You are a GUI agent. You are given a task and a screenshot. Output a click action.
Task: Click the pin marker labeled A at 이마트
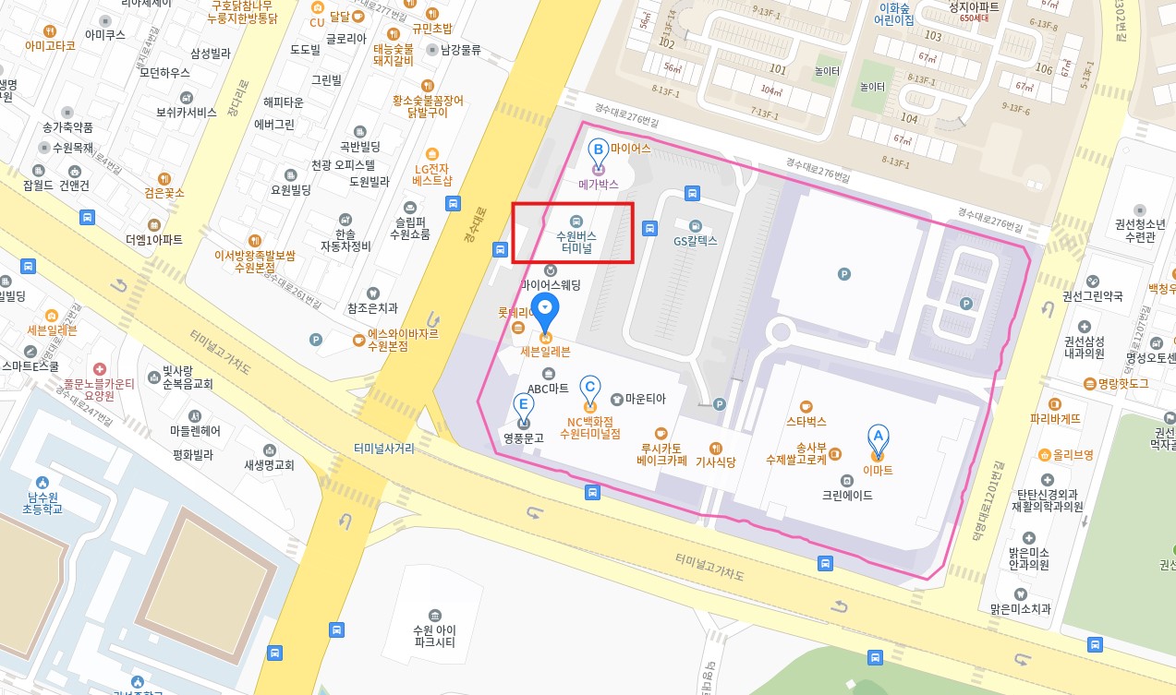(x=878, y=438)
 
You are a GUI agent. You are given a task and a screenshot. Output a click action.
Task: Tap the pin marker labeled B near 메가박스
(x=598, y=150)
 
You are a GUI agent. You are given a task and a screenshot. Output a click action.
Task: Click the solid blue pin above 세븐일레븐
(x=545, y=310)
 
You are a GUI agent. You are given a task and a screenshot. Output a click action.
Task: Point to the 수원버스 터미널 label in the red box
(x=575, y=242)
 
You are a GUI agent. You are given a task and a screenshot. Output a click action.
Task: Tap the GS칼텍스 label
(x=696, y=241)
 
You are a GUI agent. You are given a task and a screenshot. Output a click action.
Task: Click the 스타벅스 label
(x=806, y=421)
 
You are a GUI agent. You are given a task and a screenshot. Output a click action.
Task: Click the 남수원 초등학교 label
(x=42, y=502)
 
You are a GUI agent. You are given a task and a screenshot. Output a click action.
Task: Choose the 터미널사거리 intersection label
(x=383, y=449)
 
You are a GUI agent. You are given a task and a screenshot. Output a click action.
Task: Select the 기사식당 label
(x=715, y=461)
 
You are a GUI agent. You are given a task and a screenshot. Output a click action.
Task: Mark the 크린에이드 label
(x=847, y=496)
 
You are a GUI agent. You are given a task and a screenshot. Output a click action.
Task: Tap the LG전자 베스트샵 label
(x=431, y=174)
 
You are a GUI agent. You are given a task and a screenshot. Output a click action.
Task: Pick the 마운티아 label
(x=645, y=400)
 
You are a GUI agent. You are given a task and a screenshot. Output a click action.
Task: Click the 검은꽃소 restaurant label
(x=164, y=193)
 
